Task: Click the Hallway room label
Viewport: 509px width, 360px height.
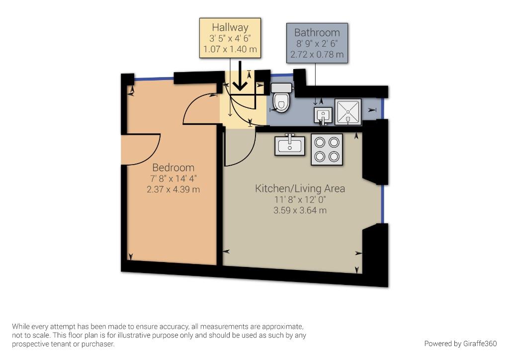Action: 230,27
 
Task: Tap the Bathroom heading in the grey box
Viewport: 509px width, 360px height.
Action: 317,32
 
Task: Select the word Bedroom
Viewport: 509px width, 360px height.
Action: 173,168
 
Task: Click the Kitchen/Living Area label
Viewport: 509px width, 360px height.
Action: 300,188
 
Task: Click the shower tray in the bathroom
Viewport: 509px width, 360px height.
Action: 348,112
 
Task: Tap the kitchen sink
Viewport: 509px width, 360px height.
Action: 290,145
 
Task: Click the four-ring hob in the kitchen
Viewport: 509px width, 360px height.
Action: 327,150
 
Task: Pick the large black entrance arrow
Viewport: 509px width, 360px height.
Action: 240,76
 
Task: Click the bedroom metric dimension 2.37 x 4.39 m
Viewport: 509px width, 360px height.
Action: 173,189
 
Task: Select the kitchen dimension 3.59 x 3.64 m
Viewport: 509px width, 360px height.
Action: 300,210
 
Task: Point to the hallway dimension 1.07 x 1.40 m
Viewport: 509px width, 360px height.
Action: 230,49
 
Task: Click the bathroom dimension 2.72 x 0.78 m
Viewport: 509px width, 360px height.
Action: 317,54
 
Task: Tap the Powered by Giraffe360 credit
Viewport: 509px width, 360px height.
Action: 460,344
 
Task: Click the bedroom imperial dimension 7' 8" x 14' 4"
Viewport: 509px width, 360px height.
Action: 173,179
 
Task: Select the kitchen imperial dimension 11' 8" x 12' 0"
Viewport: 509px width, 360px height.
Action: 300,199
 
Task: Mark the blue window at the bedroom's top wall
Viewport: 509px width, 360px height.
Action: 154,78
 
